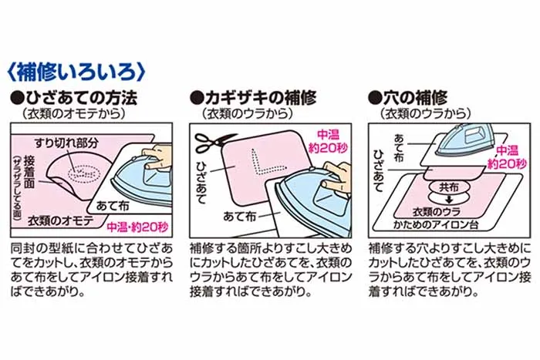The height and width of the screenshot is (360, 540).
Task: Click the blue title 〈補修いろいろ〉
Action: [76, 72]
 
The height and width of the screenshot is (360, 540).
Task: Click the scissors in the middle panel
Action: [214, 143]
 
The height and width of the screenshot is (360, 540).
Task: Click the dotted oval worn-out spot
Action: [83, 173]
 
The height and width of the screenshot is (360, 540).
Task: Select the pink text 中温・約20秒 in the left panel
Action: [137, 227]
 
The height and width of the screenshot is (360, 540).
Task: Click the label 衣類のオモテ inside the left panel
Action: [61, 220]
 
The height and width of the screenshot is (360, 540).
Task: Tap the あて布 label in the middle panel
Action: [239, 216]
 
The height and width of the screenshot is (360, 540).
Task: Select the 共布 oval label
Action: [449, 187]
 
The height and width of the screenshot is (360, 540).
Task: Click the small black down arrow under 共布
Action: [449, 200]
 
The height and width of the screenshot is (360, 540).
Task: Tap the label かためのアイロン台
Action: [436, 225]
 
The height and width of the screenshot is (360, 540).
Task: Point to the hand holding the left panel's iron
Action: [156, 155]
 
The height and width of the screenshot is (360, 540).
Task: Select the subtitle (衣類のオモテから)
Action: [73, 113]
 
